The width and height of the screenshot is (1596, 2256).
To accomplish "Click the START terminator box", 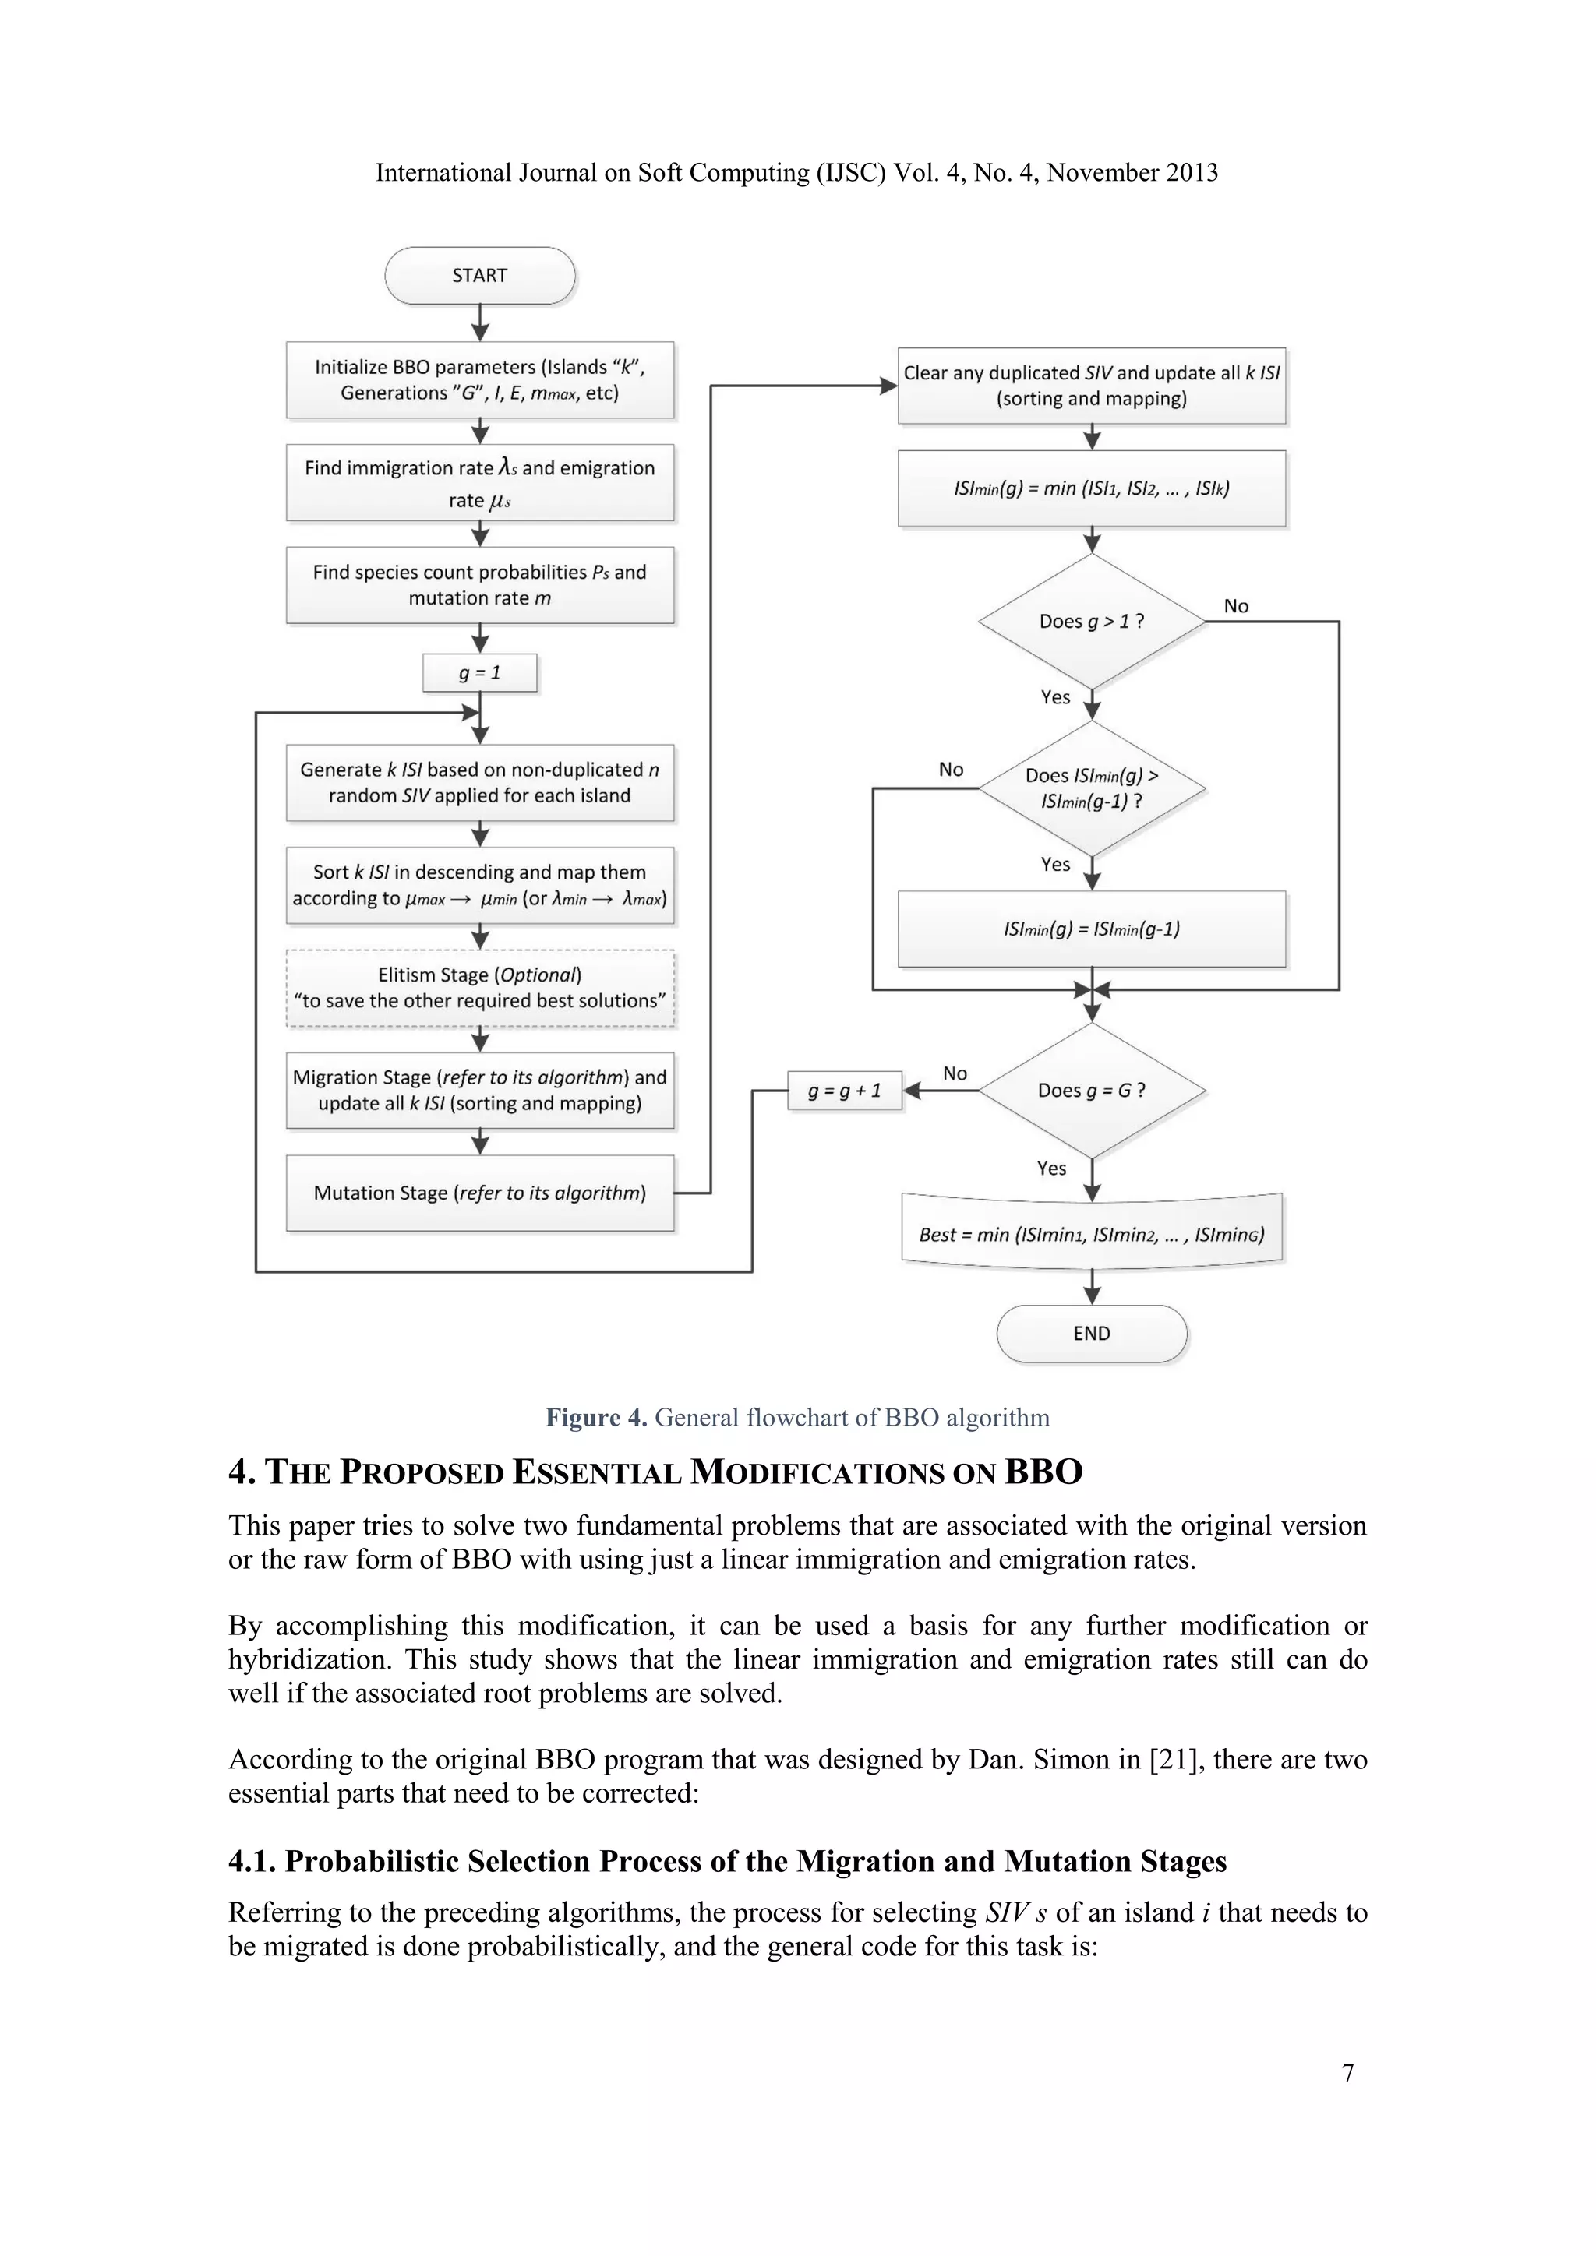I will click(479, 275).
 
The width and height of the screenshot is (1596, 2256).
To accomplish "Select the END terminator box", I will click(1091, 1334).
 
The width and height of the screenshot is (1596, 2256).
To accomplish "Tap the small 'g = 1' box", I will click(479, 673).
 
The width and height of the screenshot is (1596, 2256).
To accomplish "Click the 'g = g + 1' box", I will click(844, 1091).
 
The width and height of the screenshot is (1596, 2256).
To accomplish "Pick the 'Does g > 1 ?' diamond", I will click(1091, 621).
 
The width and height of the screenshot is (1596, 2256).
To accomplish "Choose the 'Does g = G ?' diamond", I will click(1091, 1091).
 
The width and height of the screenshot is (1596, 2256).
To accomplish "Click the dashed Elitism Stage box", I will click(479, 988).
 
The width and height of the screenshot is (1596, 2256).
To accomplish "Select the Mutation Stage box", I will click(479, 1193).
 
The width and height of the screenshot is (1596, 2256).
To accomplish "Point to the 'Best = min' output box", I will click(1091, 1234).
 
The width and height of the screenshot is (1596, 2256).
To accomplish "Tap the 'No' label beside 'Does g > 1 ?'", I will click(1235, 606).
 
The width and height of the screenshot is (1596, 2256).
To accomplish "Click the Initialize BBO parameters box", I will click(479, 379).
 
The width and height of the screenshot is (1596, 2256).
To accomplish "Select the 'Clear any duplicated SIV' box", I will click(1091, 385).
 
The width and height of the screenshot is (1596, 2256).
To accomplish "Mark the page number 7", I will click(1347, 2072).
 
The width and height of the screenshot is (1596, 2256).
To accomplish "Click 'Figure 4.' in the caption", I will click(595, 1417).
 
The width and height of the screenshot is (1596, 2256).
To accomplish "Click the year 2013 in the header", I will click(1191, 173).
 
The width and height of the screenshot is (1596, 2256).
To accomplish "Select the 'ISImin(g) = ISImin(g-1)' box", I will click(1091, 929).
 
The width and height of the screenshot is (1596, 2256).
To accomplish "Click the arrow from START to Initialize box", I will click(479, 323).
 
